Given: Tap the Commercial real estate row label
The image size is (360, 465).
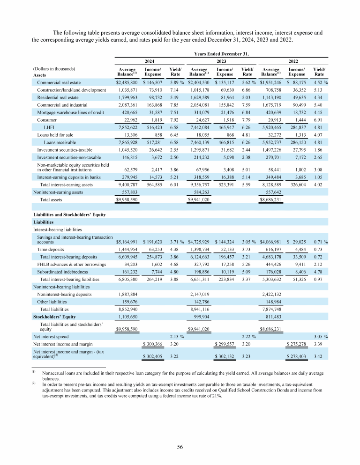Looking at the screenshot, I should [x=58, y=82].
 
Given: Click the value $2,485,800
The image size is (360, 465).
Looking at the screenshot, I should [x=127, y=82].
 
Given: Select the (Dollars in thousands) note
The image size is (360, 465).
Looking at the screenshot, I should [x=55, y=69].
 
